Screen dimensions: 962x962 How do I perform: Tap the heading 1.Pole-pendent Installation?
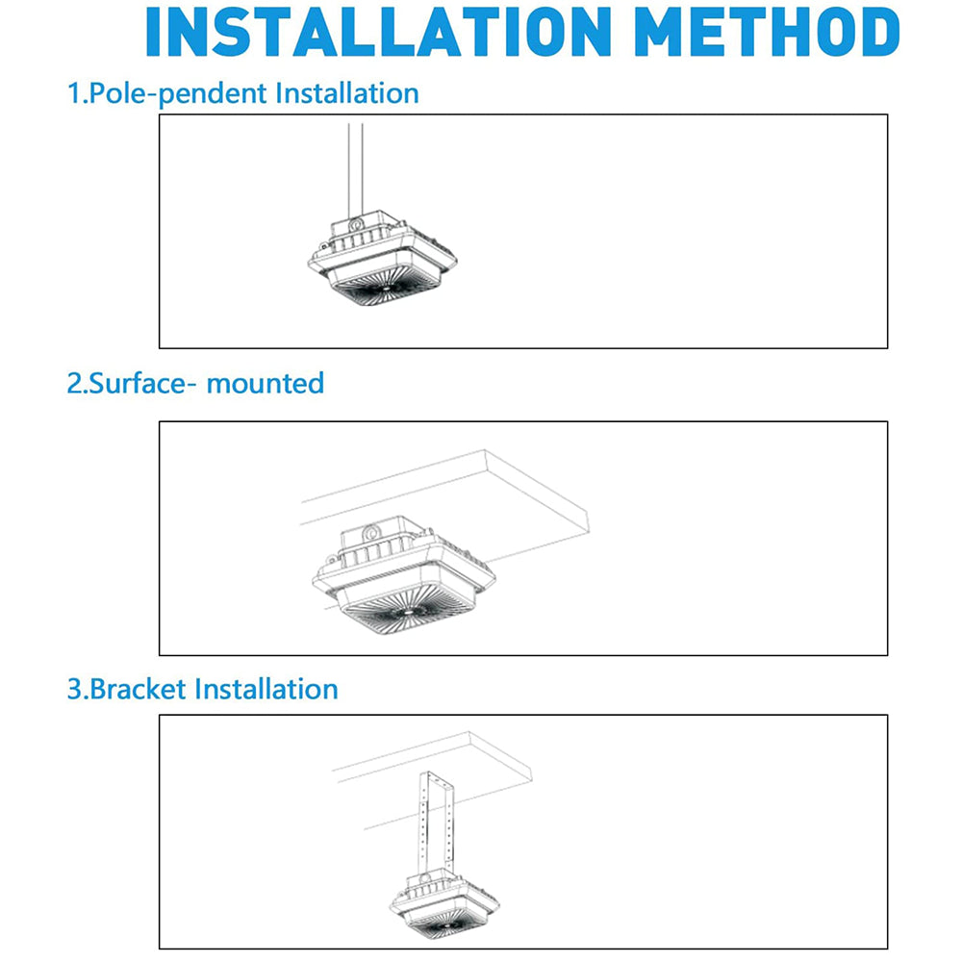pyautogui.click(x=242, y=93)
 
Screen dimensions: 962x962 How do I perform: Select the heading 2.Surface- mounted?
pyautogui.click(x=195, y=383)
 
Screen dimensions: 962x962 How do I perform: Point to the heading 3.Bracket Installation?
pyautogui.click(x=202, y=689)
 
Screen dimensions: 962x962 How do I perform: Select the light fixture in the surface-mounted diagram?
pyautogui.click(x=404, y=577)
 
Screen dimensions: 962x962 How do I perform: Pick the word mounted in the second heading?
pyautogui.click(x=266, y=383)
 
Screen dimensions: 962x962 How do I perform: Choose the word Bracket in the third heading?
pyautogui.click(x=139, y=689)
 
